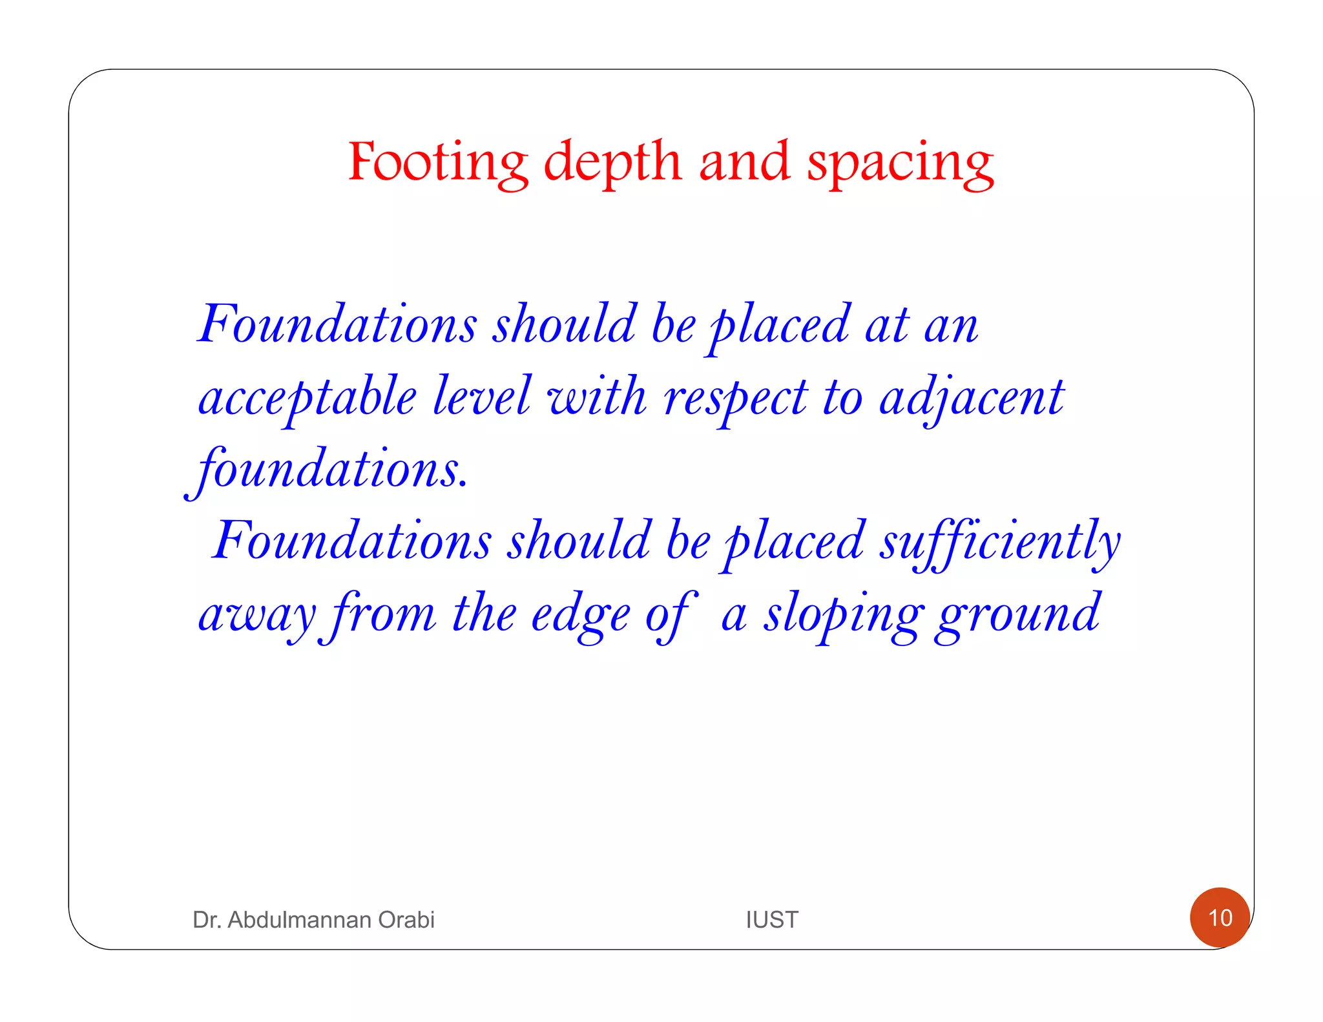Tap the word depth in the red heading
click(612, 162)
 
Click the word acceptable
click(307, 398)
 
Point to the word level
click(481, 395)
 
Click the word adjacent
click(972, 398)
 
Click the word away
click(257, 616)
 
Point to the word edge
click(580, 616)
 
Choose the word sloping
click(843, 616)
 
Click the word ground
click(1018, 616)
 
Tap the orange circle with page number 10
click(1220, 917)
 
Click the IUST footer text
click(772, 919)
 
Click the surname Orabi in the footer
click(406, 919)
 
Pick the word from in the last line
click(384, 614)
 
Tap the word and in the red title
click(744, 162)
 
